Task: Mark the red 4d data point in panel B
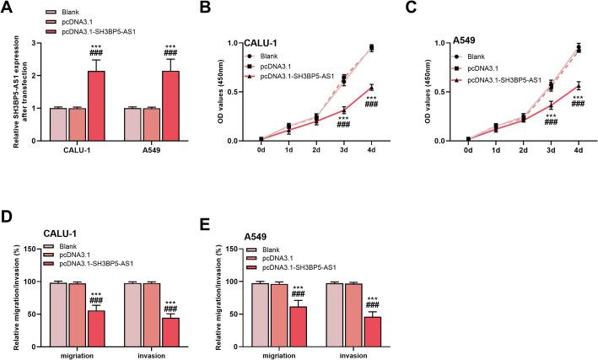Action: pyautogui.click(x=371, y=87)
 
